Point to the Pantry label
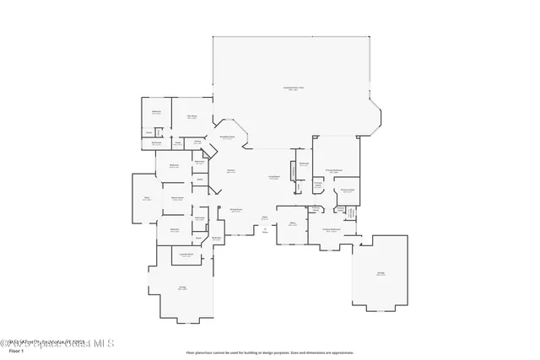pos(197,142)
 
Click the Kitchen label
pos(229,171)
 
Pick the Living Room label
pos(274,177)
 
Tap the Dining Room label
pos(236,210)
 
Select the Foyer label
pos(264,217)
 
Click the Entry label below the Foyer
pos(264,230)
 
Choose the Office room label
pos(292,224)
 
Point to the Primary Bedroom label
pos(333,169)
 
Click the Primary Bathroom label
pos(331,228)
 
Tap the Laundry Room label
pos(184,254)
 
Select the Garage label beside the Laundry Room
pos(182,287)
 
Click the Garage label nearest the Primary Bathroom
pos(381,273)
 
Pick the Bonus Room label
pos(178,199)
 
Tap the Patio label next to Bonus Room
pos(145,198)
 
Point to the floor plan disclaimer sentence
pos(269,352)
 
